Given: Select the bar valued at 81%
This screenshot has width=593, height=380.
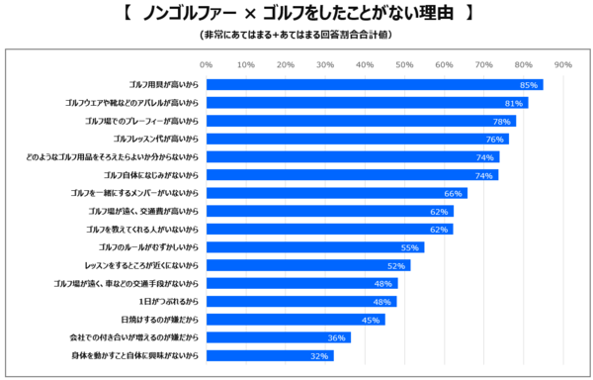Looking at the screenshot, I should pos(367,102).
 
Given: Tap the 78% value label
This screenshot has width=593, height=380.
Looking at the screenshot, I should pos(502,121).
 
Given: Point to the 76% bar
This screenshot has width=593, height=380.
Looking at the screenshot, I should pos(357,139).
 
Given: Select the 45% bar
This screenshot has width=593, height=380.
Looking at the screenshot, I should pos(295,319).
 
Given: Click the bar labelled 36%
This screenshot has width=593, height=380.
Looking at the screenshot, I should pos(278,336).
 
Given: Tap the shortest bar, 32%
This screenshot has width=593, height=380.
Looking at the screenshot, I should pos(270,354).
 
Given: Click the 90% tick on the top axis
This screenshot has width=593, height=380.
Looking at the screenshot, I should pos(563,65).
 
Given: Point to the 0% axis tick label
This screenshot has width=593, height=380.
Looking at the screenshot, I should pos(207,65).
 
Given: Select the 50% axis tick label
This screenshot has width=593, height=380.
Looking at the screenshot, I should pos(404,65).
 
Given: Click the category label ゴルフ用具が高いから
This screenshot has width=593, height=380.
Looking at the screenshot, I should pos(165,84).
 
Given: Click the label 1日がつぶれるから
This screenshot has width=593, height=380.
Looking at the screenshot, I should pos(172,301).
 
